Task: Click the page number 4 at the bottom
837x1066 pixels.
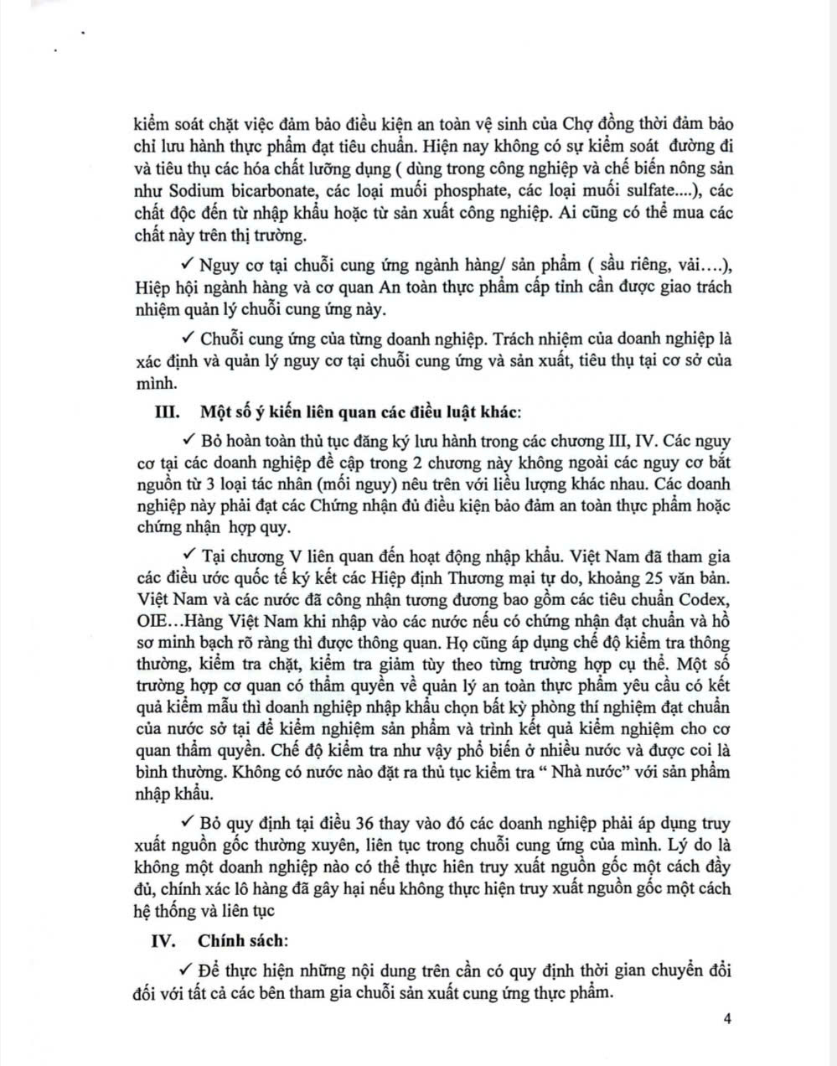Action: click(x=727, y=1019)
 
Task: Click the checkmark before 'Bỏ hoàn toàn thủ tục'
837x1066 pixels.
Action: click(x=189, y=439)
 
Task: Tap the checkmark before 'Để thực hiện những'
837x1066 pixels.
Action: click(x=189, y=970)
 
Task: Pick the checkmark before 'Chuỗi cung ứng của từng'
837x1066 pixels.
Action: click(x=189, y=339)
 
